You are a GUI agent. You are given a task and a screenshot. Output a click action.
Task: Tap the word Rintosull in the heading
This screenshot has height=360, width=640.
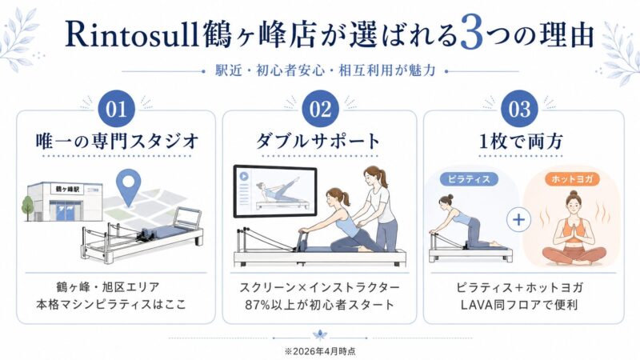tap(128, 36)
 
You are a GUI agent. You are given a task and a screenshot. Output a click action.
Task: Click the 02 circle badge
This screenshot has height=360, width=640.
tap(320, 108)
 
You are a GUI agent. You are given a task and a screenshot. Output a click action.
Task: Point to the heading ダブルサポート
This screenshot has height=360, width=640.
tap(320, 141)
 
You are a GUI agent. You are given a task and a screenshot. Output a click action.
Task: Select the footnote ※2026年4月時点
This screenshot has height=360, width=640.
tap(320, 350)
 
